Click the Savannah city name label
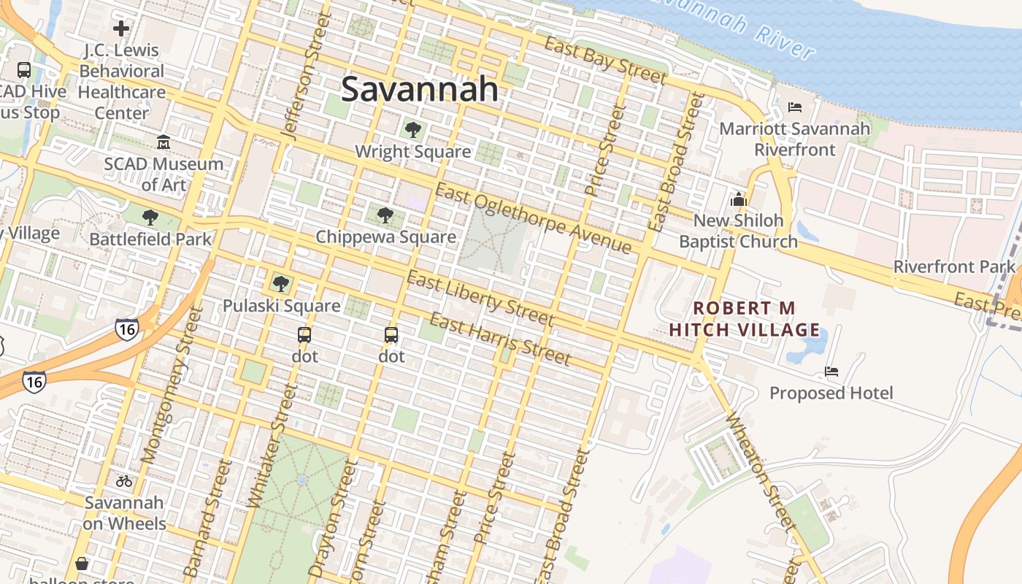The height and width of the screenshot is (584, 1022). coord(420,89)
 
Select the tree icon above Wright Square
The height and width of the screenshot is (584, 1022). coord(412,130)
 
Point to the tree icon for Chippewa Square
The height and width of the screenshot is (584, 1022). coord(385,215)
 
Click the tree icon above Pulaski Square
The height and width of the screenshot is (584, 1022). coord(280,284)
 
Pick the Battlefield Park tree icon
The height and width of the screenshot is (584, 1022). coord(150,218)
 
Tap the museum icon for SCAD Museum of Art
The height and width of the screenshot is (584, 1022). coord(164,142)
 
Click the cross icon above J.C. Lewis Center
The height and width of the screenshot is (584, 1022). coord(121,28)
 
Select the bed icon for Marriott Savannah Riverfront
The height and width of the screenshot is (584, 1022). coord(795,107)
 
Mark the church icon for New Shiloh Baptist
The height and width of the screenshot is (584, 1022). coord(738,199)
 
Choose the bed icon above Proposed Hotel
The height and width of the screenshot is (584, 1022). coord(831,372)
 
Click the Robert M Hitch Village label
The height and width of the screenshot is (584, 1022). coord(745,319)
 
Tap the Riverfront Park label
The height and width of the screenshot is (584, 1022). coord(954,266)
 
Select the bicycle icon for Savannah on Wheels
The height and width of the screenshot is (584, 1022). coord(123,481)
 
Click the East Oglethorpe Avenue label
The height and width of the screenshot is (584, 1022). coord(533,218)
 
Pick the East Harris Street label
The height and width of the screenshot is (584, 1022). coord(499,339)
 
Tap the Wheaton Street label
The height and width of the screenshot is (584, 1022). coord(760,470)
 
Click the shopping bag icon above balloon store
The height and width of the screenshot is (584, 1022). coord(82,564)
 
